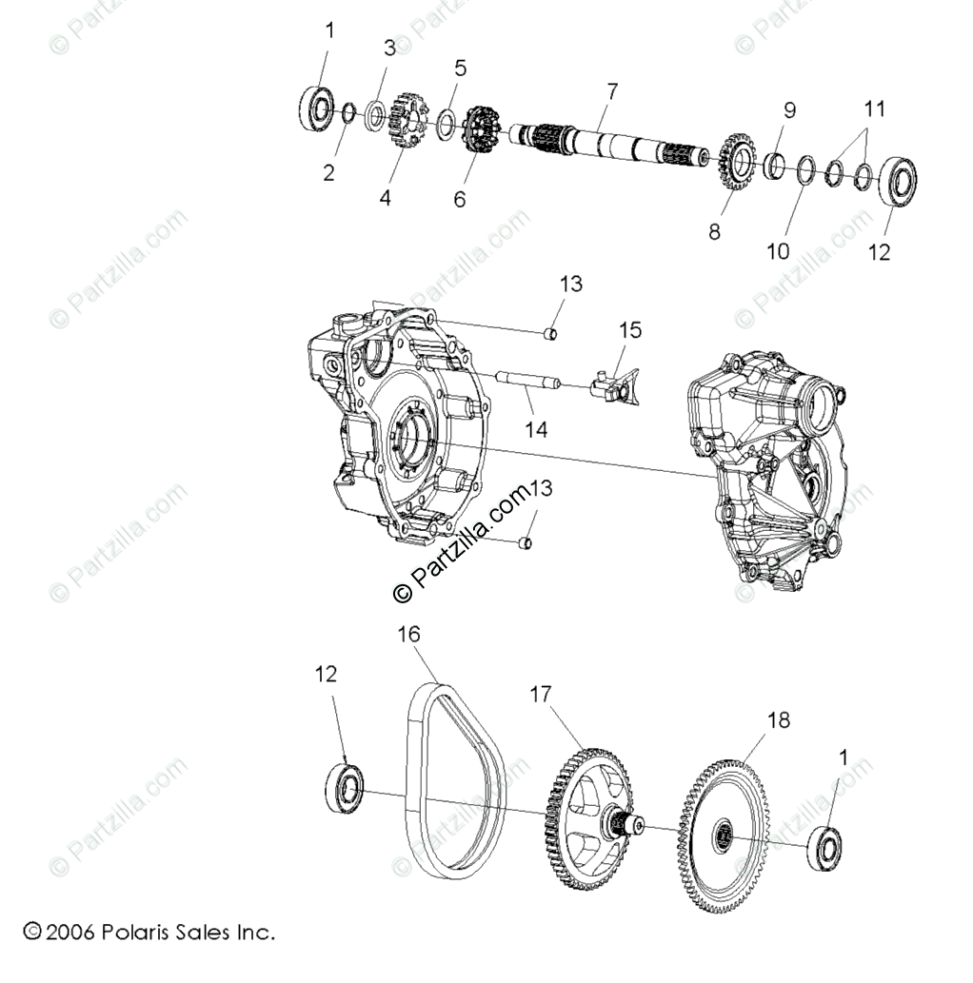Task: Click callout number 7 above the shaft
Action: [611, 92]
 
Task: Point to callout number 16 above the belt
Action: [408, 634]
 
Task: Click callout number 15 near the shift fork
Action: [630, 330]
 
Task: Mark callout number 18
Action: [778, 720]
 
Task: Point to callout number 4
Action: [385, 197]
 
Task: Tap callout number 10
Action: [778, 250]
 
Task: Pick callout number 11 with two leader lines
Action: [874, 109]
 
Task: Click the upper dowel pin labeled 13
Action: [549, 333]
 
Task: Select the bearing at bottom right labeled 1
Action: [824, 849]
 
